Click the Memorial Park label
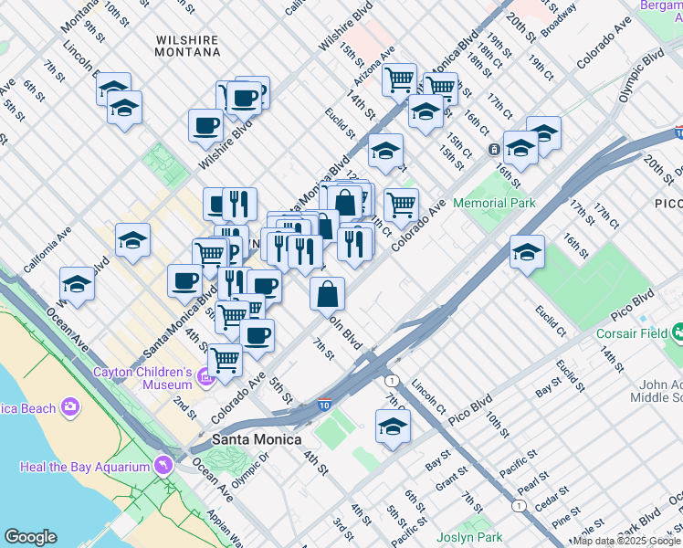[494, 203]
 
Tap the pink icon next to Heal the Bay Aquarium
[163, 466]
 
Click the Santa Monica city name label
[257, 439]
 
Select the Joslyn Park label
[470, 537]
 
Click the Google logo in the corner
[30, 537]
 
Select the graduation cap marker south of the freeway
[393, 427]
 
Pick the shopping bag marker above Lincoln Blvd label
[328, 295]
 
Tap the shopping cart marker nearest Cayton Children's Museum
[225, 360]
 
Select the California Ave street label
[48, 250]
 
